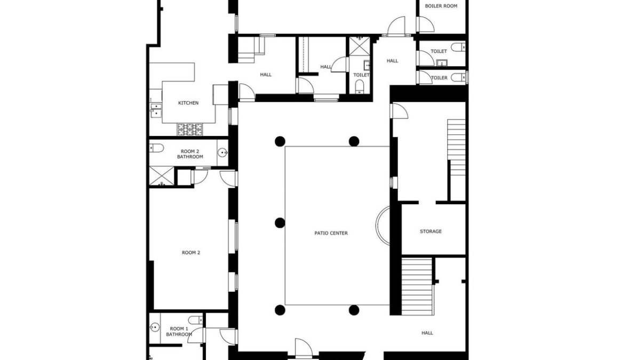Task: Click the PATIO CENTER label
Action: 331,233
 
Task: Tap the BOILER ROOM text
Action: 441,6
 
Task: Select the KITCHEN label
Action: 188,103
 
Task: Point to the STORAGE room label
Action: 431,231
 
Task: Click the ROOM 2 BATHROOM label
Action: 190,154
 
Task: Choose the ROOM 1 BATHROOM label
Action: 179,332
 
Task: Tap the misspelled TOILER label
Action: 439,78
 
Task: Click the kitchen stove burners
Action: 190,129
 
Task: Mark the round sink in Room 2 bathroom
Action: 223,153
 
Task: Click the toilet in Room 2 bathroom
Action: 156,148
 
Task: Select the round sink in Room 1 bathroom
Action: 155,327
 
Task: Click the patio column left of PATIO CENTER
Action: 280,223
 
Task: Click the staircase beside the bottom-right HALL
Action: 417,286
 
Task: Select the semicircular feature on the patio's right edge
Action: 383,225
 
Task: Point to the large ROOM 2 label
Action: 191,253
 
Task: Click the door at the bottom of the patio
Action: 304,348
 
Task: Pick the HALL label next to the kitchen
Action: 266,75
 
